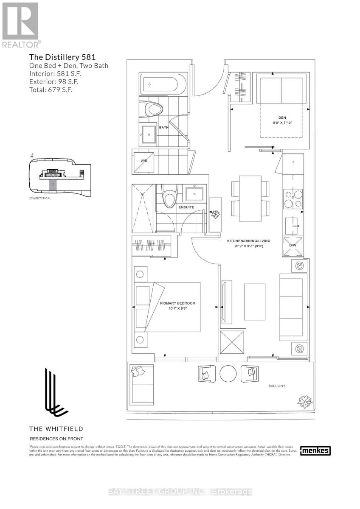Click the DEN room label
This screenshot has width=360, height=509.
(282, 117)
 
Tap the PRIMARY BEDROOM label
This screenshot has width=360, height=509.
(177, 303)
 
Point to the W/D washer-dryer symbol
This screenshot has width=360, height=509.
(143, 161)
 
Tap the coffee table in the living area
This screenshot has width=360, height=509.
(254, 302)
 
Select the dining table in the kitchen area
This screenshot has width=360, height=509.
(250, 198)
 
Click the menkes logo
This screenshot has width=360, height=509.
(315, 451)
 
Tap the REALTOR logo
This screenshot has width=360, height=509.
(21, 25)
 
